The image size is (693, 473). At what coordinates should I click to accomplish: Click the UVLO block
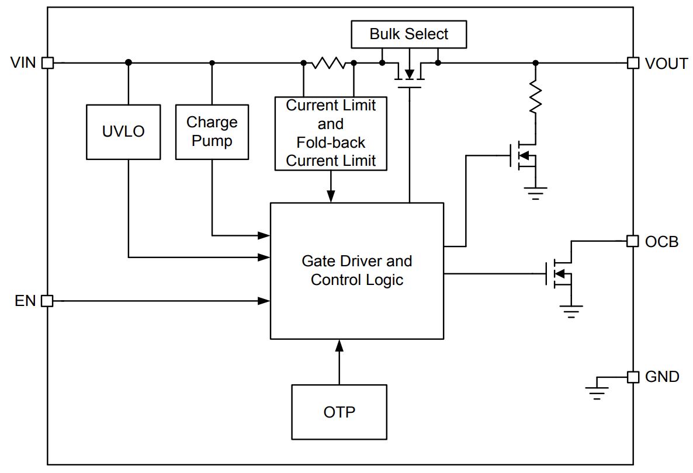tap(123, 131)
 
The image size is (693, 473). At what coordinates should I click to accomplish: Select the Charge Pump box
tap(212, 131)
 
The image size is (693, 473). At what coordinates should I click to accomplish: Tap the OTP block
tap(339, 412)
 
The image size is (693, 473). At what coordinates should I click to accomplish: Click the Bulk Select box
tap(409, 34)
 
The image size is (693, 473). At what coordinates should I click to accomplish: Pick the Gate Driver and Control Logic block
tap(357, 271)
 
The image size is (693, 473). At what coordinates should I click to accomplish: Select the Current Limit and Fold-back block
tap(331, 133)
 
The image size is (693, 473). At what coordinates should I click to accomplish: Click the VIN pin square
tap(48, 62)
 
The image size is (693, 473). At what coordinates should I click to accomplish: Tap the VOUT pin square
tap(633, 62)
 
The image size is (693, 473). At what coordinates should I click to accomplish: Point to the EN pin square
tap(47, 301)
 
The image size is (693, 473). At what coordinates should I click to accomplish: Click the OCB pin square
tap(633, 241)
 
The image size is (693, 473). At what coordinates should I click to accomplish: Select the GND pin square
tap(633, 377)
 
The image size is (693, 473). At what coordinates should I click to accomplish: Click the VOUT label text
tap(666, 64)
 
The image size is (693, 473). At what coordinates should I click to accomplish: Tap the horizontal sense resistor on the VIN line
tap(328, 62)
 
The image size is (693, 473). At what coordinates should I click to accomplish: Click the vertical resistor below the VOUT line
tap(536, 97)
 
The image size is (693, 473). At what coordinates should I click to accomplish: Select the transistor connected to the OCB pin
tap(560, 274)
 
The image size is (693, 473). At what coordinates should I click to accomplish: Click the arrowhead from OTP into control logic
tap(339, 346)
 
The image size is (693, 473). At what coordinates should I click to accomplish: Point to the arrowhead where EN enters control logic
tap(264, 301)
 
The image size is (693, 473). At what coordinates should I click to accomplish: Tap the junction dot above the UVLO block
tap(128, 62)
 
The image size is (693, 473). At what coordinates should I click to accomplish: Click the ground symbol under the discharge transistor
tap(536, 193)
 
